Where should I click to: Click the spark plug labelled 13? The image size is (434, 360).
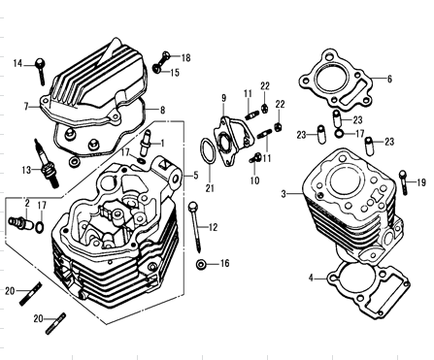click(47, 163)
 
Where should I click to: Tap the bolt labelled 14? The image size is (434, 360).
click(41, 71)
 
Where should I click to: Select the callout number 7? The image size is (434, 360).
click(26, 107)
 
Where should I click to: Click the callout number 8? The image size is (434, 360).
click(162, 111)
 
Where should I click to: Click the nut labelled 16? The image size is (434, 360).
click(201, 265)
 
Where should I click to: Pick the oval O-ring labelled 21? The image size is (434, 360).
click(208, 151)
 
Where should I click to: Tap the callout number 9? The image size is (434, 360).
click(224, 98)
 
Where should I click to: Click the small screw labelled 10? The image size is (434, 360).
click(255, 158)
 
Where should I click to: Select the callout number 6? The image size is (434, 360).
click(389, 79)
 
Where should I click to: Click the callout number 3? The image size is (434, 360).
click(284, 194)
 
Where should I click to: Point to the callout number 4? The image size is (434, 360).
click(311, 278)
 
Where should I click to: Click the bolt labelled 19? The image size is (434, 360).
click(403, 182)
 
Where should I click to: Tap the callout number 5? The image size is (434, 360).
click(196, 176)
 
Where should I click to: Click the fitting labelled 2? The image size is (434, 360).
click(20, 223)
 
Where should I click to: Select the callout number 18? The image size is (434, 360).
click(185, 58)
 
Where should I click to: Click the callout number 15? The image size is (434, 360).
click(175, 73)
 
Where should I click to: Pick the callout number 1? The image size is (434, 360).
click(162, 144)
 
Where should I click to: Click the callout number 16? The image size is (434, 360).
click(224, 264)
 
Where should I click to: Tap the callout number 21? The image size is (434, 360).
click(210, 188)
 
